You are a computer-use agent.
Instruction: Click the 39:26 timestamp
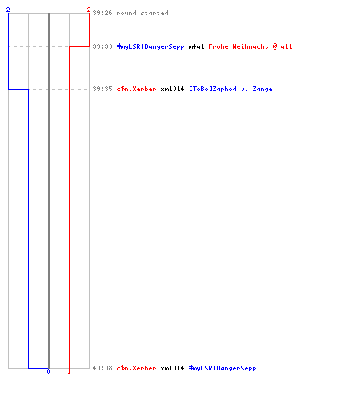coord(102,13)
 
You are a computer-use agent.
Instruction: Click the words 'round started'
coord(142,13)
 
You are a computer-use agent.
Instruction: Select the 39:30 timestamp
coord(102,46)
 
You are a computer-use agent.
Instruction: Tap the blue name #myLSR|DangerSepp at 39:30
coord(150,46)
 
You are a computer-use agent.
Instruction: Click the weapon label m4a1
coord(196,46)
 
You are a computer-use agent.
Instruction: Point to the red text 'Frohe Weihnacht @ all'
coord(250,46)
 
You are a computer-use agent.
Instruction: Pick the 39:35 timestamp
coord(102,89)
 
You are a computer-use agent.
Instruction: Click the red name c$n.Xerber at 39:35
coord(136,89)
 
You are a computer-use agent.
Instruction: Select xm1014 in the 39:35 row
coord(172,89)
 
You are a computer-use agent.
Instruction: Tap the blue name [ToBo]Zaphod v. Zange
coord(230,89)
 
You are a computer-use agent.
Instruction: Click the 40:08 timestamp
coord(102,368)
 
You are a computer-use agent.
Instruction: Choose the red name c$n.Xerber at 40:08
coord(136,368)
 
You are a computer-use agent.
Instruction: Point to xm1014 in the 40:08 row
coord(172,368)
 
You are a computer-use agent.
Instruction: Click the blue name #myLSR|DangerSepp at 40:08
coord(222,368)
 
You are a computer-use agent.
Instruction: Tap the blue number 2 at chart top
coord(8,10)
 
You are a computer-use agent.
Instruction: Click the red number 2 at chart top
coord(89,10)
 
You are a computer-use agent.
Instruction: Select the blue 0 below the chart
coord(48,371)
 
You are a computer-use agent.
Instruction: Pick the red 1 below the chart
coord(69,371)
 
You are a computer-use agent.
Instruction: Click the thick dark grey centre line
coord(49,190)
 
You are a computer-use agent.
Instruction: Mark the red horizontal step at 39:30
coord(79,46)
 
